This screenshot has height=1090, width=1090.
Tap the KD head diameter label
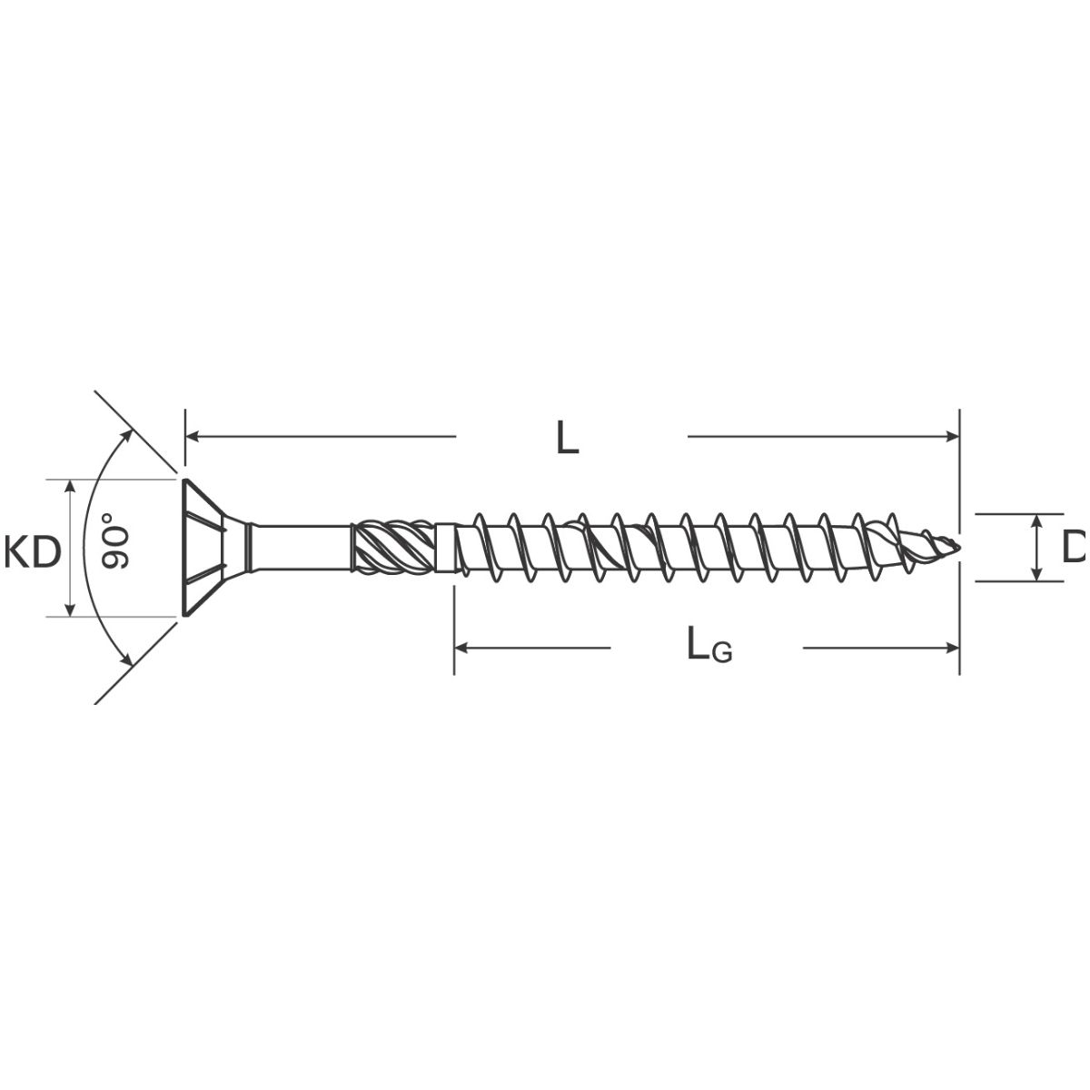[x=32, y=551]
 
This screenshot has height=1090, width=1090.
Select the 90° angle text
[x=114, y=540]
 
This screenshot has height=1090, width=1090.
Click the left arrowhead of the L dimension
[x=193, y=436]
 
